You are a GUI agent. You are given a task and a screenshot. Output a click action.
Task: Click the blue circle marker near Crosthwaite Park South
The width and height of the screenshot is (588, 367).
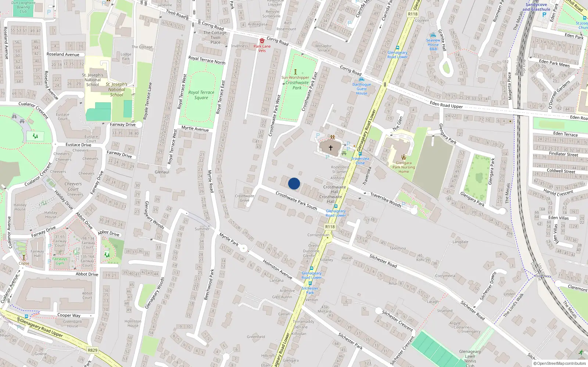click(294, 183)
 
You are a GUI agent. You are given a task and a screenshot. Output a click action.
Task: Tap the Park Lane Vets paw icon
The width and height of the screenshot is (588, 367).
click(262, 41)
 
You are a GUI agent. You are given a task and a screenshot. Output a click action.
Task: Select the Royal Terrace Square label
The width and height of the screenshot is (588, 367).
click(201, 95)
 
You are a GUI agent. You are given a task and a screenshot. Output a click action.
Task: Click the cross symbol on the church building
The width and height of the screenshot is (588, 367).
click(330, 148)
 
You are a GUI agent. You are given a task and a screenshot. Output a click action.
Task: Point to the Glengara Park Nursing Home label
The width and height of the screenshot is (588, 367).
click(404, 167)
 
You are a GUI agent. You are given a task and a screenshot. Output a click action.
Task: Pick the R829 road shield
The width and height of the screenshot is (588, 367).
click(93, 350)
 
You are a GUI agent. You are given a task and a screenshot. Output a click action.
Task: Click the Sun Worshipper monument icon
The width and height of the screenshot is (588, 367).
click(295, 72)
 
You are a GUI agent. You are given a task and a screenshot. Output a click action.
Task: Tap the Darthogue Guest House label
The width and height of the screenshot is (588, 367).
click(362, 89)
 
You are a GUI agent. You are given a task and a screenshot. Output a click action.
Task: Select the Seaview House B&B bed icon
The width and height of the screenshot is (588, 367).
click(433, 36)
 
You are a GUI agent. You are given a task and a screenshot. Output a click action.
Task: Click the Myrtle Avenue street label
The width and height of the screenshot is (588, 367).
click(195, 129)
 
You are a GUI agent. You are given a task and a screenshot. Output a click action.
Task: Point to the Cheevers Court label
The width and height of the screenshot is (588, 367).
click(73, 186)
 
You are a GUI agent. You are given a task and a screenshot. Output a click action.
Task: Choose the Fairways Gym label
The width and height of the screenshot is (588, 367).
click(60, 261)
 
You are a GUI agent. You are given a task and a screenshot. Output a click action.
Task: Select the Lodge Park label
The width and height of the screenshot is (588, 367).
click(126, 56)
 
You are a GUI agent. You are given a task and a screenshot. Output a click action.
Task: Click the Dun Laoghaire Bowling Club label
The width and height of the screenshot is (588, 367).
click(24, 7)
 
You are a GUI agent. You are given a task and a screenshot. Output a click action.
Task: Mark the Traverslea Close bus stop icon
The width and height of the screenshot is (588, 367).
click(360, 154)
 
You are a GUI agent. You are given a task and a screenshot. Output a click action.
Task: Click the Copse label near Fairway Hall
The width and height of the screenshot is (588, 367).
click(24, 263)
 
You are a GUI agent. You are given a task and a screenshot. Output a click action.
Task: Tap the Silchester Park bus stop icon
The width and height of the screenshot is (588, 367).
click(310, 283)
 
